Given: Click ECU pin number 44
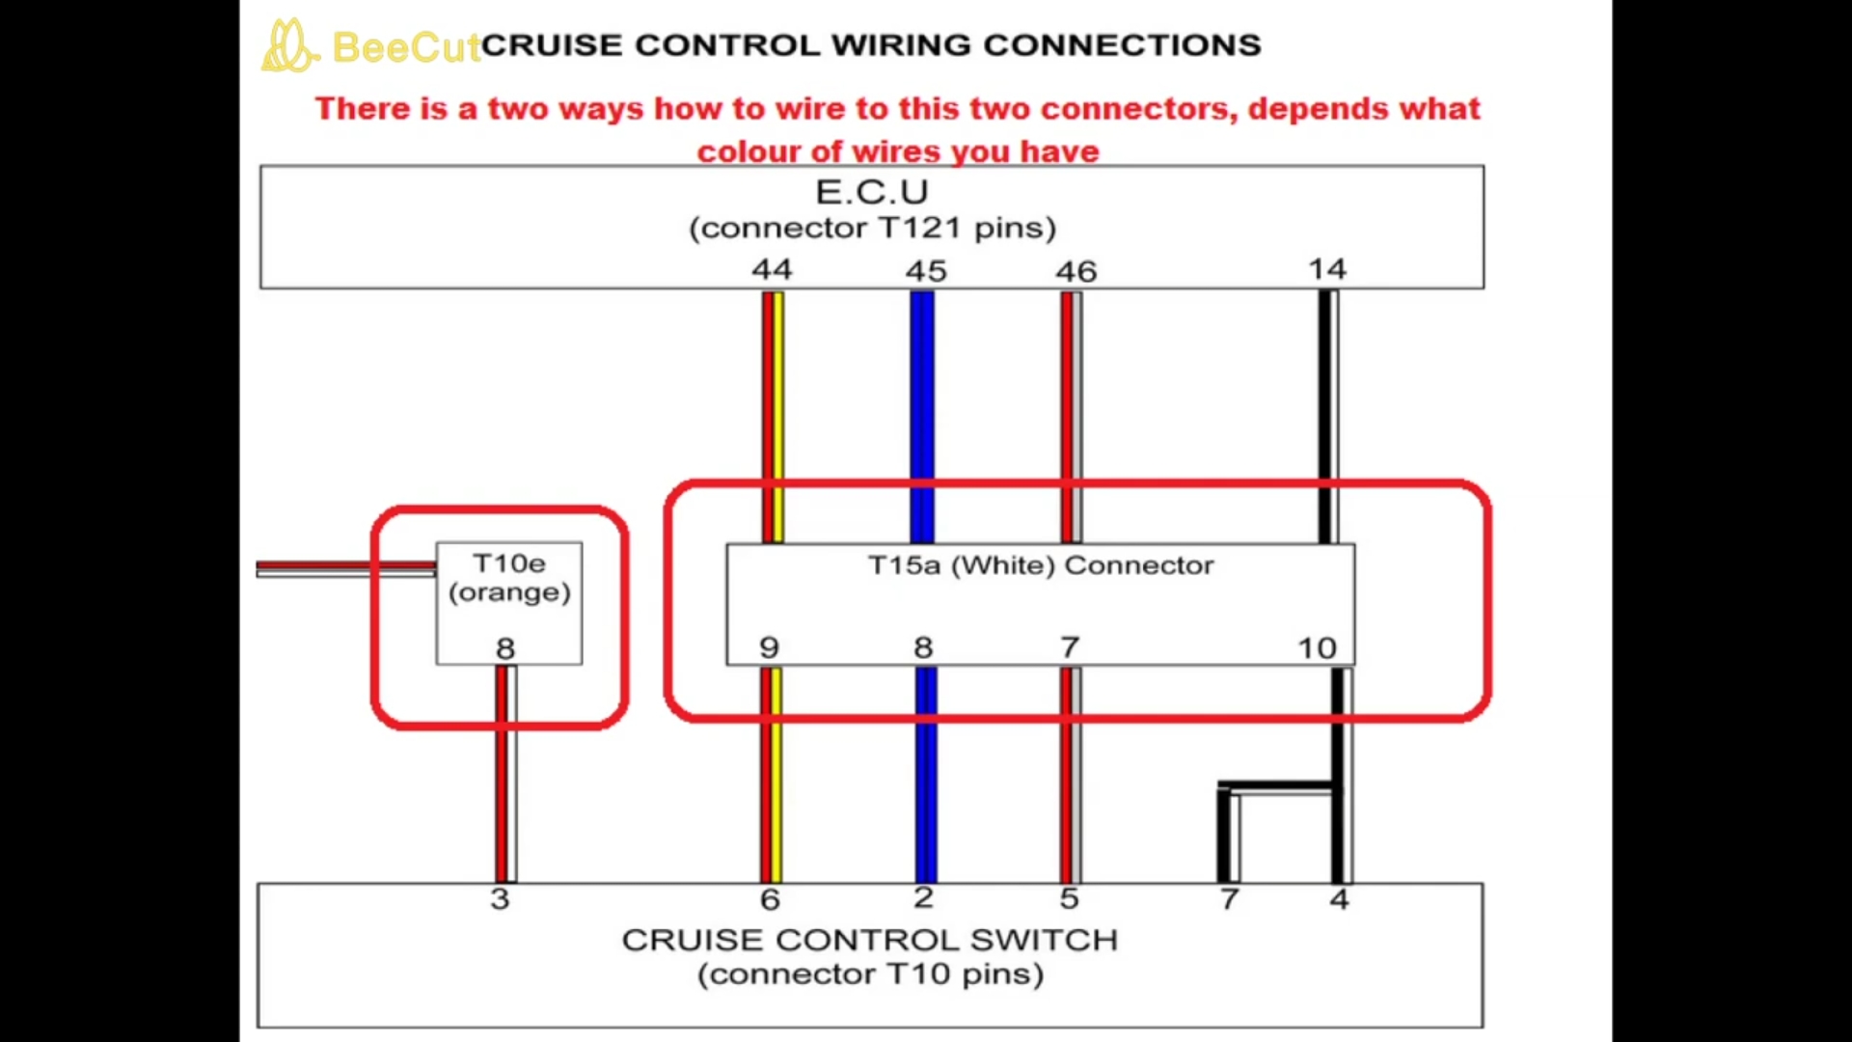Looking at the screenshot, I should click(772, 269).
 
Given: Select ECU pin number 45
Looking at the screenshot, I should click(926, 271).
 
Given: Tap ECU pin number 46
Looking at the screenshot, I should click(1076, 271).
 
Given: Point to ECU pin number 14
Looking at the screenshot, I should click(1327, 269).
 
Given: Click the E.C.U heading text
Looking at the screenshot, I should click(872, 192).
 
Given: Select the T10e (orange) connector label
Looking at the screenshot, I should click(509, 577).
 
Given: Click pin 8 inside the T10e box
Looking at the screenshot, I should click(505, 648).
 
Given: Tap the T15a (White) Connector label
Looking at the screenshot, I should click(1041, 565).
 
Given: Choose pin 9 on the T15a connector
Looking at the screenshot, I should click(769, 647).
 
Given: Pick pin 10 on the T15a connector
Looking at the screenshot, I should click(1317, 648).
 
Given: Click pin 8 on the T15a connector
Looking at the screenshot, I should click(923, 647).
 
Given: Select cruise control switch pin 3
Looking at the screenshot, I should click(500, 899).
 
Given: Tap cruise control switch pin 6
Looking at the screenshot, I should click(770, 899).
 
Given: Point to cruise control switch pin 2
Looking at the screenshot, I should click(923, 898).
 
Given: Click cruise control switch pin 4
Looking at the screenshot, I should click(1339, 899).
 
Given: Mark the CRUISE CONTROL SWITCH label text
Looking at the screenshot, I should click(869, 940).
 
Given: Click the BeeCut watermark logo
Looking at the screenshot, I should click(289, 46).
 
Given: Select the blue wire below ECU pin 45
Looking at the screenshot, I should click(922, 415).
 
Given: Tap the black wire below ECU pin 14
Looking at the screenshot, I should click(1326, 415).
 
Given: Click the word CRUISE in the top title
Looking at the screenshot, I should click(552, 45).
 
